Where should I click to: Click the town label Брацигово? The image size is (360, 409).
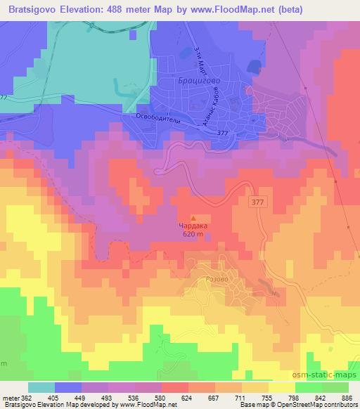[199, 80]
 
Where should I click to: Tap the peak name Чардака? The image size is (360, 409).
[194, 226]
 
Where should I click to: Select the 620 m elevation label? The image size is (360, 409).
[194, 235]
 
